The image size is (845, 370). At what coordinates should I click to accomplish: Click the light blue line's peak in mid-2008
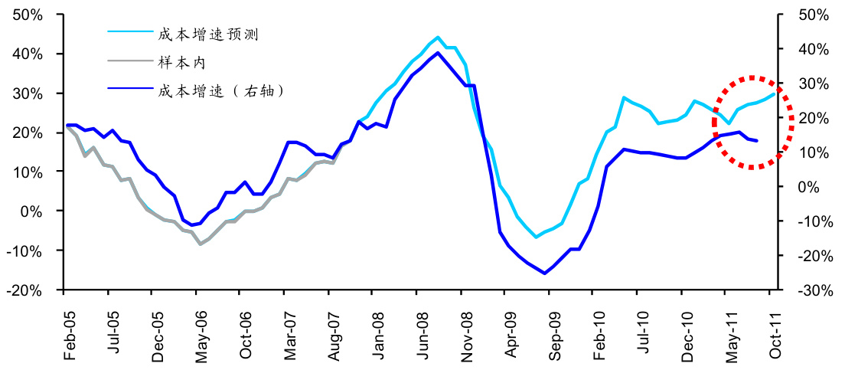pos(438,37)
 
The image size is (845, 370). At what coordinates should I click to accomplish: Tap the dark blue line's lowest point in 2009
pos(544,273)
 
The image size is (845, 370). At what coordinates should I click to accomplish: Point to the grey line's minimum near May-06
pos(201,244)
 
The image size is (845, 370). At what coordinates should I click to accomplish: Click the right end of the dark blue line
pos(757,141)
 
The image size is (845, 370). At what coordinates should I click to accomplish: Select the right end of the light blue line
pos(775,93)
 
